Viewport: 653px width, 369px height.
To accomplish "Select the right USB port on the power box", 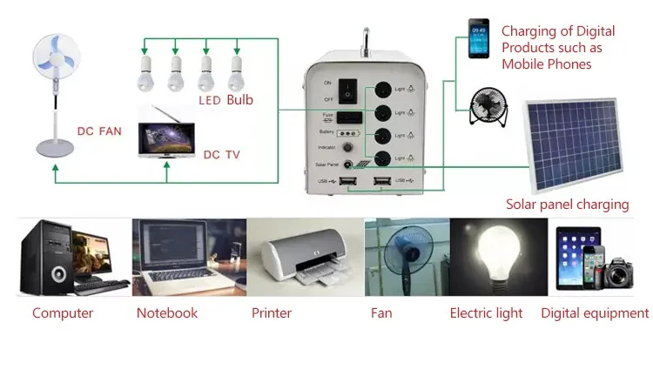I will (381, 181).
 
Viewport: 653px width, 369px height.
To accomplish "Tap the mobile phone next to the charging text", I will (478, 39).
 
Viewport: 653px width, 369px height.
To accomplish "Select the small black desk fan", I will (485, 107).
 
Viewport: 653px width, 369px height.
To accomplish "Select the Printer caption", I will (272, 312).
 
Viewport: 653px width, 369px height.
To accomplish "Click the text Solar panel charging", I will (567, 205).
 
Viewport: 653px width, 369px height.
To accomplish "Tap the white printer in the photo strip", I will (305, 258).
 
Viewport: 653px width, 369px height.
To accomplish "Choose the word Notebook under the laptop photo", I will (167, 312).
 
